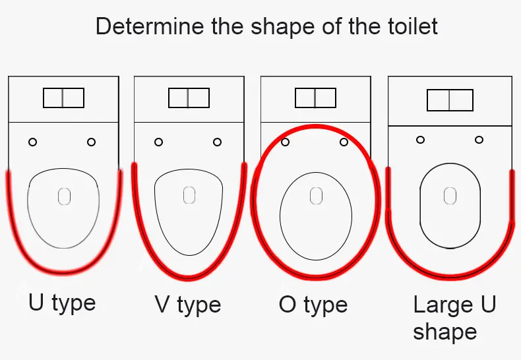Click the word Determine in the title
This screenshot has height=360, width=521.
[150, 26]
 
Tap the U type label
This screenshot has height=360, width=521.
[62, 303]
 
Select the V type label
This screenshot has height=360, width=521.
[188, 305]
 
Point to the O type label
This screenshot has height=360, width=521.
[313, 305]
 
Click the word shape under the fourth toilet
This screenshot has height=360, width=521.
[445, 332]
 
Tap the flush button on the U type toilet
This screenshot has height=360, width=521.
[63, 98]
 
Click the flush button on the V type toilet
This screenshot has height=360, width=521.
[189, 98]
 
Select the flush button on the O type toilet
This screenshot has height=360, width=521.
[316, 98]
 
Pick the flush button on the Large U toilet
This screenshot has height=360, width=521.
[450, 100]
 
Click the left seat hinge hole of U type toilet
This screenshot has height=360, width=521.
[32, 142]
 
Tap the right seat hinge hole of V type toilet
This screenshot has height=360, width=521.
[218, 142]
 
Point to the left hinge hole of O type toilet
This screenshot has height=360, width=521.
[285, 142]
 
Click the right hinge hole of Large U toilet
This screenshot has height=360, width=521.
[479, 140]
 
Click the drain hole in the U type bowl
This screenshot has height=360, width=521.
[64, 196]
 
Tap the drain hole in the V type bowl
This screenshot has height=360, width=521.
[189, 195]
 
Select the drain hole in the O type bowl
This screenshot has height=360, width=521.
[316, 196]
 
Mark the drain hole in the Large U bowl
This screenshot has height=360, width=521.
[450, 196]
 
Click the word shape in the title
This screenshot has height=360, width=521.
[282, 26]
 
